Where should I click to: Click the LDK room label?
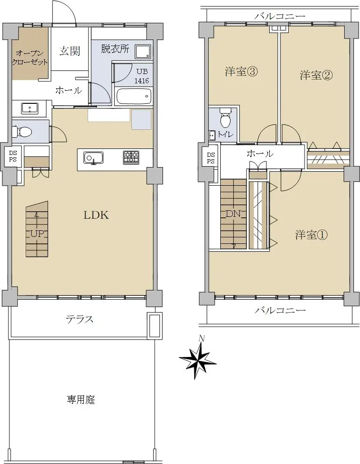tap(96, 215)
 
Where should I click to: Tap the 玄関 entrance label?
tap(70, 51)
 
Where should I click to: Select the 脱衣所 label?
tap(115, 48)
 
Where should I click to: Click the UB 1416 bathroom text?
tap(142, 76)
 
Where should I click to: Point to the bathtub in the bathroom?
tap(134, 96)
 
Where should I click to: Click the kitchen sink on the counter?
tap(93, 157)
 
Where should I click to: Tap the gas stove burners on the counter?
tap(131, 157)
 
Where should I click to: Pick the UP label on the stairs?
tap(37, 234)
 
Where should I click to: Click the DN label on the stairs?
tap(233, 214)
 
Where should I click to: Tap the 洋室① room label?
tap(311, 235)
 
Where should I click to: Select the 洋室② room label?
tap(316, 75)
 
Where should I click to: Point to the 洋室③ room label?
tap(241, 72)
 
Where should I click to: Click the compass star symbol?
tap(198, 359)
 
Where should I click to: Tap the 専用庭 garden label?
tap(81, 400)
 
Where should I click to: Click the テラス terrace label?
tap(80, 319)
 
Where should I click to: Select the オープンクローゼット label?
tap(30, 57)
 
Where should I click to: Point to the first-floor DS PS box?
tap(13, 156)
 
